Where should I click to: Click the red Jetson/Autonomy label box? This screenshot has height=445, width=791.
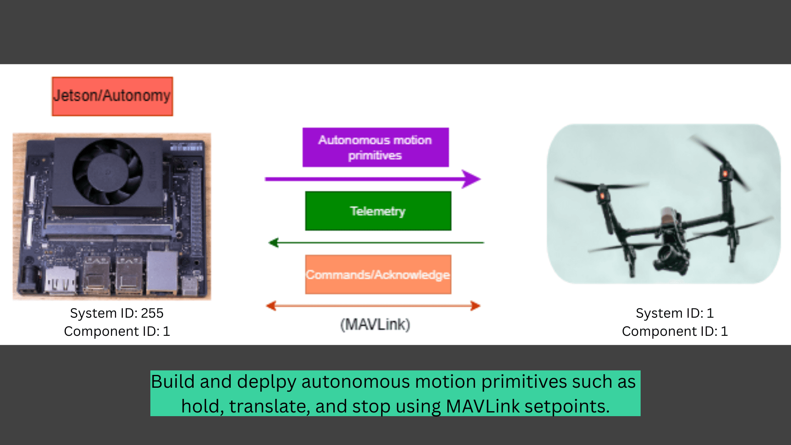112,96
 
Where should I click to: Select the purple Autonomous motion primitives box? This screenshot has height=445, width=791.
375,147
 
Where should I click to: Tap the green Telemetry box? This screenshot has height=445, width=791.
378,211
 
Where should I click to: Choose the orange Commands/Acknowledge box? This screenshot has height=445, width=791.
378,274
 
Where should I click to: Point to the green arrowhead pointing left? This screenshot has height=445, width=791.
274,243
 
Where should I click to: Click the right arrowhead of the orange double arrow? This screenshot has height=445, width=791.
475,306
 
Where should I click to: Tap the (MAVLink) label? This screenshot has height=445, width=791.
375,325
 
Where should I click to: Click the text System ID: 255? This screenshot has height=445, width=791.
117,313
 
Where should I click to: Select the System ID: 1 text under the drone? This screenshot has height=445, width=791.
674,313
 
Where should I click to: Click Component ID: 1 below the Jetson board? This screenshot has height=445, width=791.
117,331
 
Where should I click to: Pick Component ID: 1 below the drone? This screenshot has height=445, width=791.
674,331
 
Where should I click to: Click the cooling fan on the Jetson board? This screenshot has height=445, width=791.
108,171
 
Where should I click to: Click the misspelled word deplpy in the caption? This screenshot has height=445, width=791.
267,382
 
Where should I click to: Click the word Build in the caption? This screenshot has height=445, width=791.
173,382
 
